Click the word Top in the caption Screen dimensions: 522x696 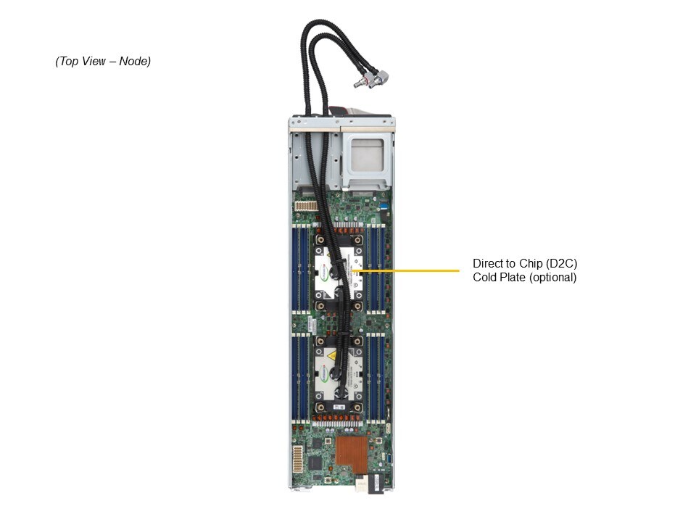click(x=70, y=62)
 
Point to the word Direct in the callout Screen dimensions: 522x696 click(x=488, y=263)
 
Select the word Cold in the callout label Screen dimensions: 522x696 click(x=485, y=277)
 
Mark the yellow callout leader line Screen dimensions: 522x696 click(x=406, y=271)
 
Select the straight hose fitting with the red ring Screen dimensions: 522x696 click(x=358, y=84)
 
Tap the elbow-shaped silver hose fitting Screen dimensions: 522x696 click(x=378, y=76)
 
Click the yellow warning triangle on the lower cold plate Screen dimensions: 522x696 click(x=331, y=355)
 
